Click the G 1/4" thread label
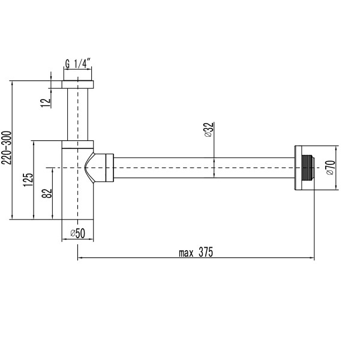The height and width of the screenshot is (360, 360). [78, 62]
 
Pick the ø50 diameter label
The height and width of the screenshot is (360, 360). [77, 233]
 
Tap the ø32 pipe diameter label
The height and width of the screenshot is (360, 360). [208, 130]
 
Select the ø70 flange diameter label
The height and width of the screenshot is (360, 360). [329, 167]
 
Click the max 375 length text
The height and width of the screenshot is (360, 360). [196, 252]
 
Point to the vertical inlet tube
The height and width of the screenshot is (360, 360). [78, 114]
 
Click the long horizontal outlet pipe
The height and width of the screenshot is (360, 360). [204, 167]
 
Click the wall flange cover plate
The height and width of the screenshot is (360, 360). [298, 167]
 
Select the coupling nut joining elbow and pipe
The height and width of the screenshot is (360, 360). [108, 167]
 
